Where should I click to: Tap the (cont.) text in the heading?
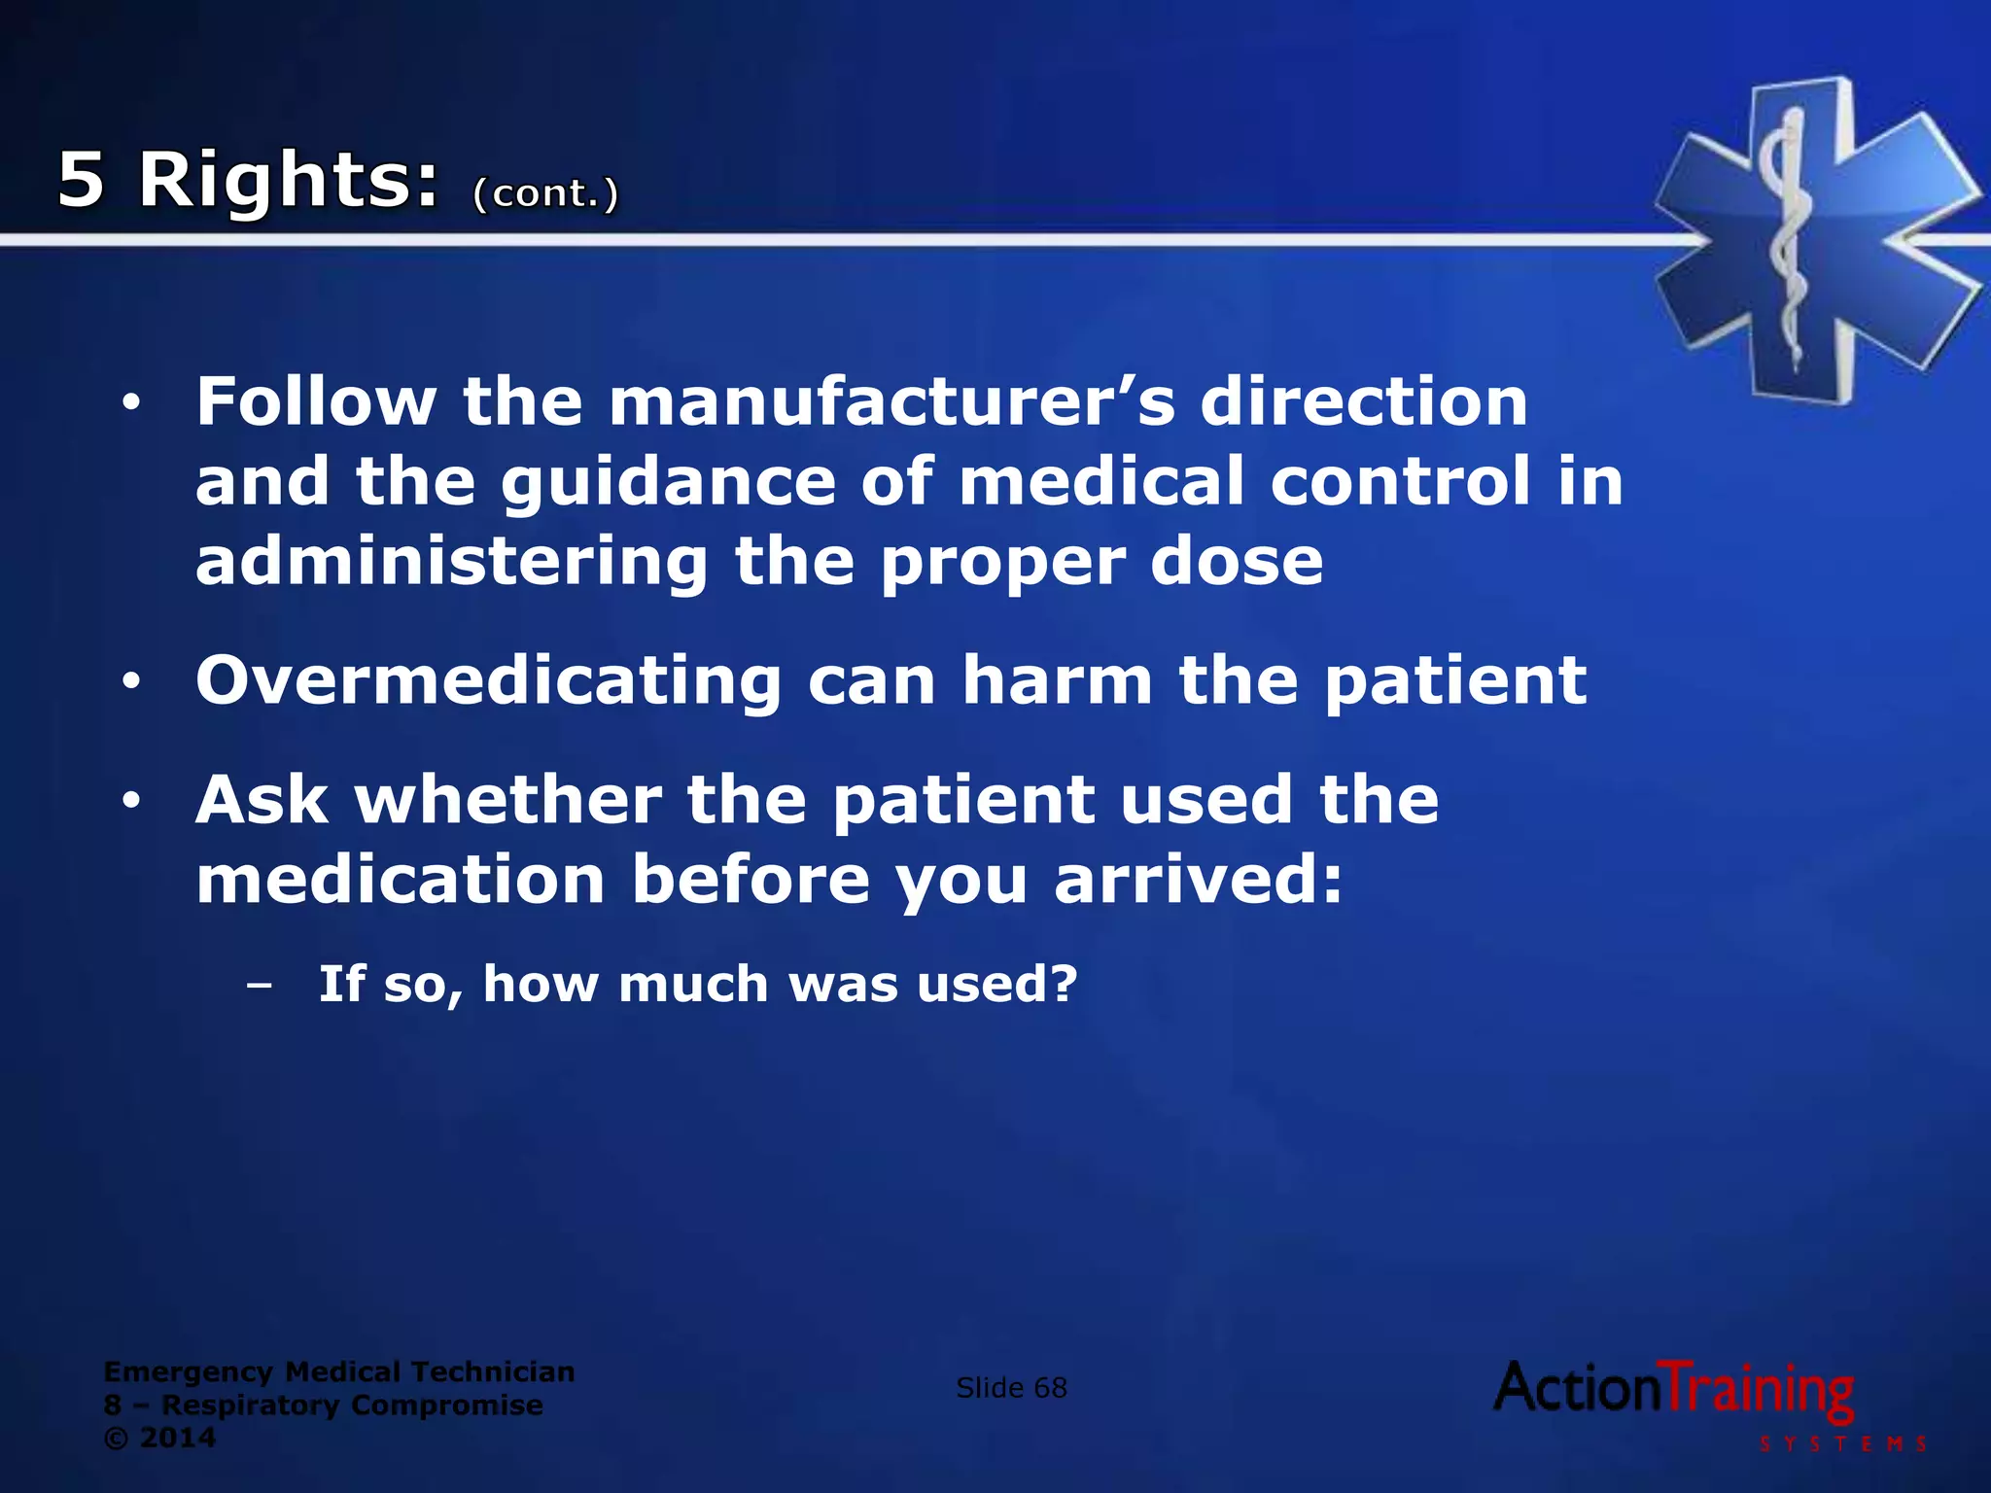coord(545,192)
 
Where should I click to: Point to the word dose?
coord(1237,562)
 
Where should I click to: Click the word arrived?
coord(1198,880)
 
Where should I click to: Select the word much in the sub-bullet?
coord(694,984)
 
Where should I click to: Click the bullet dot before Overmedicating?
coord(132,682)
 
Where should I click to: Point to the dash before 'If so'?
coord(259,986)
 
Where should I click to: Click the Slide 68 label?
coord(1011,1388)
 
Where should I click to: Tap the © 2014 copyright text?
coord(159,1438)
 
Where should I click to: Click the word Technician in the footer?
coord(493,1371)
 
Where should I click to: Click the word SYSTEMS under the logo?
coord(1843,1443)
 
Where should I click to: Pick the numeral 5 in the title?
coord(81,181)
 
